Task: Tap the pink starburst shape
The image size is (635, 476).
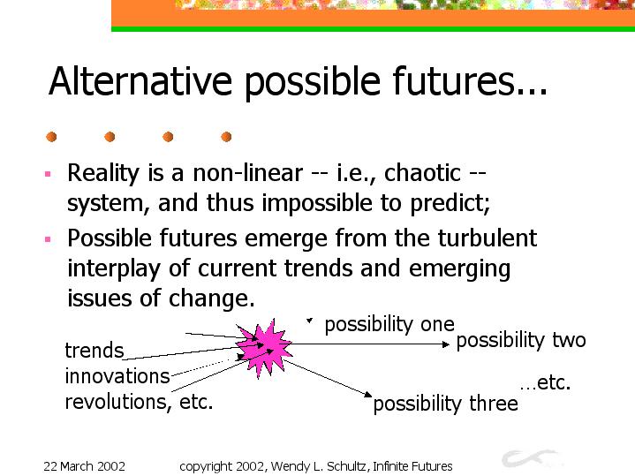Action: tap(264, 347)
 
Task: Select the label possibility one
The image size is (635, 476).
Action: tap(389, 325)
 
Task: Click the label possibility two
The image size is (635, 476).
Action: tap(521, 340)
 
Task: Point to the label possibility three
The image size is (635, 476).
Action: tap(445, 404)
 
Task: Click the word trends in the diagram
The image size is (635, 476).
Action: tap(94, 351)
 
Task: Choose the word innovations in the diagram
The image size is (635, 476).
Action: tap(117, 376)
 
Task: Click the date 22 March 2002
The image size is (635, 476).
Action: tap(84, 466)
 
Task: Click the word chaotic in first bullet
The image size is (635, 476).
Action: tap(422, 173)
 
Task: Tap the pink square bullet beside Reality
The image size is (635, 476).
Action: tap(48, 174)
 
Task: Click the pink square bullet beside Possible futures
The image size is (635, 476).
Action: tap(48, 239)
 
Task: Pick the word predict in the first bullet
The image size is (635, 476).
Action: tap(450, 203)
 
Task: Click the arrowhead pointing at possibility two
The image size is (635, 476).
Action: tap(446, 344)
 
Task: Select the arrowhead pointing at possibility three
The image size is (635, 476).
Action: tap(367, 394)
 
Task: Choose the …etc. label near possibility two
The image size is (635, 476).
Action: tap(545, 382)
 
